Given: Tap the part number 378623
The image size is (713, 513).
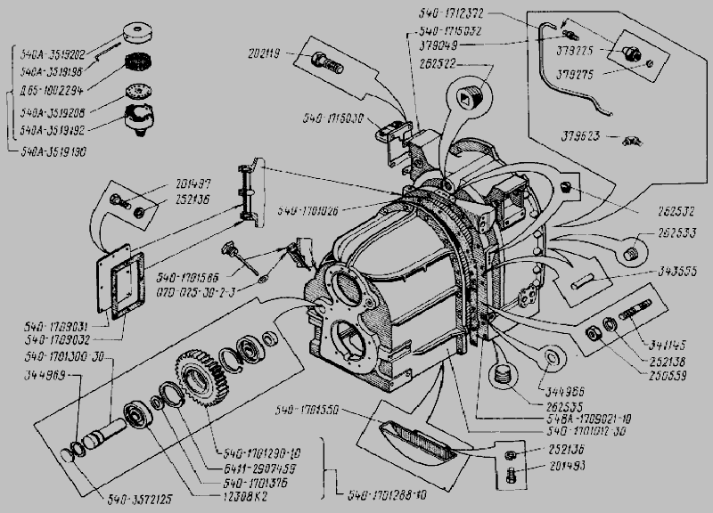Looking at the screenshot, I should coord(580,136).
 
